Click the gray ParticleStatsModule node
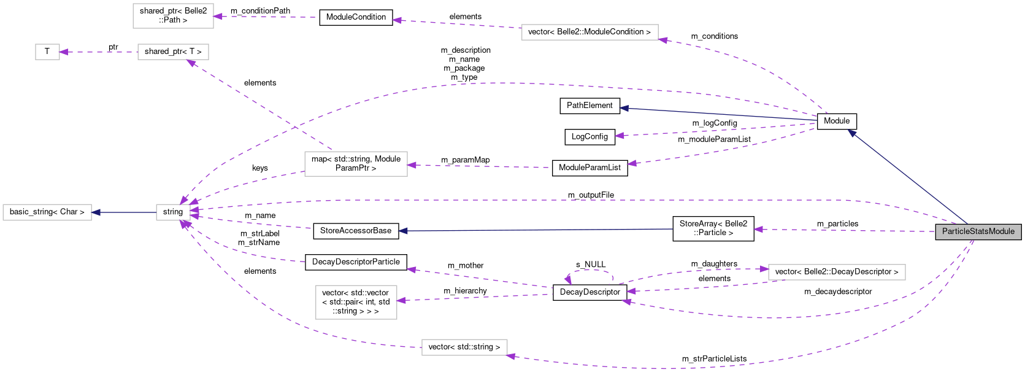(978, 231)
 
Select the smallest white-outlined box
(47, 52)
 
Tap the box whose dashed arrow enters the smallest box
(173, 52)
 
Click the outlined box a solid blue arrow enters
(47, 212)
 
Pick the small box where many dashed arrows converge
(173, 212)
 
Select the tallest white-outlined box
(356, 302)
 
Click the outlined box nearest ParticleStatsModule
(837, 272)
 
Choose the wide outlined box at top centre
(589, 32)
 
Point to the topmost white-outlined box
(173, 16)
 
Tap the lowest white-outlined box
(464, 347)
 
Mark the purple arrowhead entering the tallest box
(402, 300)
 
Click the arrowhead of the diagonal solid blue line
(852, 133)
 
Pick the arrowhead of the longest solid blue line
(403, 231)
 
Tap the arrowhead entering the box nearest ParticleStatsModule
(764, 269)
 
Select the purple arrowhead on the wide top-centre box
(663, 41)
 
